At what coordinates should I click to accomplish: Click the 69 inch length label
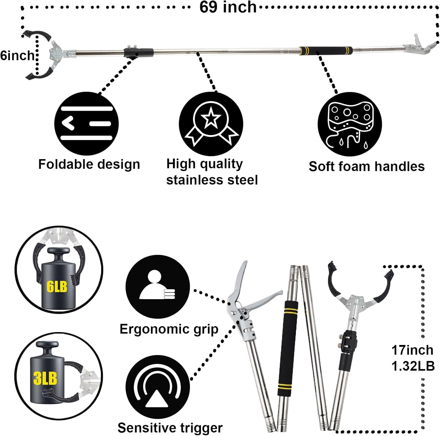coord(228,7)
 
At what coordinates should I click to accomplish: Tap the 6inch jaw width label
coord(17,55)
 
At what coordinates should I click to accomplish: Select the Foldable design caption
coord(89,164)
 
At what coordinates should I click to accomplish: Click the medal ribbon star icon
coord(211,123)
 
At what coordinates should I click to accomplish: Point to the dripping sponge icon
coord(350,124)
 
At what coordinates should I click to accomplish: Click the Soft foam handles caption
coord(367,166)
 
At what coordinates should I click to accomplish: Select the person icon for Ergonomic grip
coord(158,286)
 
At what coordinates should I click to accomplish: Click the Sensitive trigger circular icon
coord(158,387)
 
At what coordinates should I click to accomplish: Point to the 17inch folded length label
coord(412,350)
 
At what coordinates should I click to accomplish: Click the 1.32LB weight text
coord(413,366)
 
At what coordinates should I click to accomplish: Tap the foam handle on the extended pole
coord(325,51)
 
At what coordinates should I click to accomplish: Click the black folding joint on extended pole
coord(138,53)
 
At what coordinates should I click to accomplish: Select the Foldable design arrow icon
coord(87,123)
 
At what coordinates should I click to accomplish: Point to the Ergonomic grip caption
coord(169,329)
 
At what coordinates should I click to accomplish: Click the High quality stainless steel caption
coord(212,172)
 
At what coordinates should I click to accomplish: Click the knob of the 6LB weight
coord(58,252)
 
